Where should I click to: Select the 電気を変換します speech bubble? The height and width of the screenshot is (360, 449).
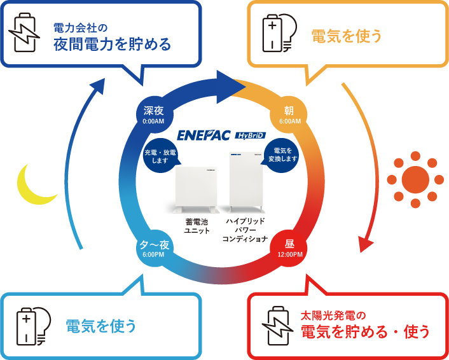coord(282,155)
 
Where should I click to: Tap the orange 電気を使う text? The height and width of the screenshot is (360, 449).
coord(347,36)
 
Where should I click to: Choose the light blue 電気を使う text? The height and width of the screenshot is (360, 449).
coord(102,326)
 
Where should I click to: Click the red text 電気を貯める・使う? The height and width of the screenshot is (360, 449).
coord(365,331)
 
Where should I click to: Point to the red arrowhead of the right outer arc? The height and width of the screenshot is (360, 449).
coord(365,244)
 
